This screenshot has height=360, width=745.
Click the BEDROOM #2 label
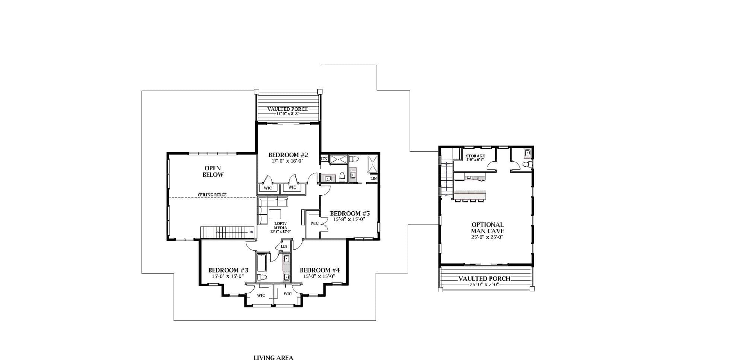coord(288,155)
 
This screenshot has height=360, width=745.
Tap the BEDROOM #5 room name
coord(350,214)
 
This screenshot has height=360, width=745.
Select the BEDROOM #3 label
coord(228,270)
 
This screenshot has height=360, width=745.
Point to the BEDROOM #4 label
coord(320,270)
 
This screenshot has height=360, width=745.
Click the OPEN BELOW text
coord(213,171)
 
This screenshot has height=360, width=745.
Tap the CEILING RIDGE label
coord(212,195)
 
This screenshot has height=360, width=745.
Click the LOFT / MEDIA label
coord(280,225)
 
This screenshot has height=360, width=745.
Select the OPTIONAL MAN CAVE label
coord(487,228)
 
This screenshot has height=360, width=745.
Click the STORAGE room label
coord(475,156)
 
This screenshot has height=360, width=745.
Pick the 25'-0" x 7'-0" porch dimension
coord(484,284)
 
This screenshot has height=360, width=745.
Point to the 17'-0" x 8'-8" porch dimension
coord(288,113)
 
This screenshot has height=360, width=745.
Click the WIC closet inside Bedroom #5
coord(314,223)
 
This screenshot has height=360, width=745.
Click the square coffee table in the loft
coord(275,214)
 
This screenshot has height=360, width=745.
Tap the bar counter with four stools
coord(470,195)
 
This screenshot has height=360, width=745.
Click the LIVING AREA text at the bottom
coord(273,357)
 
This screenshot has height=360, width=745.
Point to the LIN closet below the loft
coord(284,246)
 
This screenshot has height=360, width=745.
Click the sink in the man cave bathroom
coord(527,152)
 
